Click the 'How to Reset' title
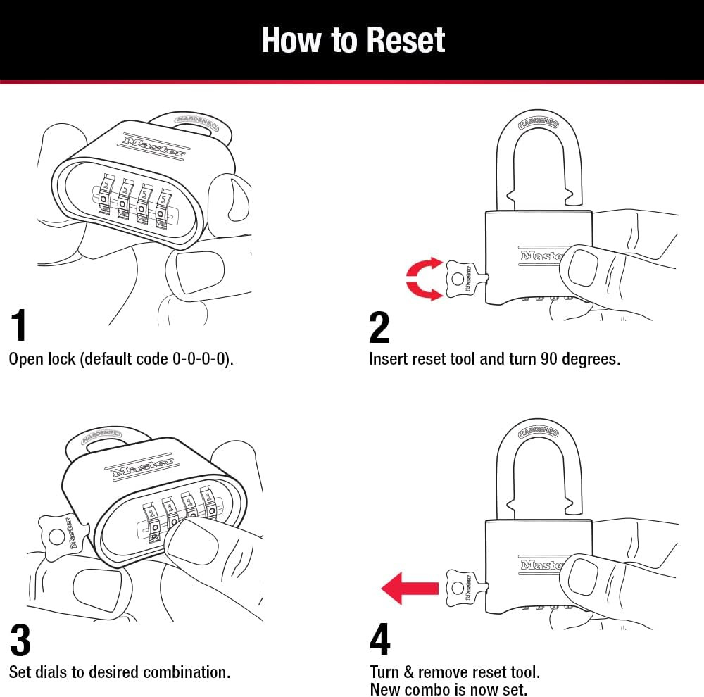click(353, 40)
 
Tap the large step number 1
click(20, 326)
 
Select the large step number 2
click(379, 327)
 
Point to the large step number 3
click(20, 641)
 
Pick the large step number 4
click(379, 640)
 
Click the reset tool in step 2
click(462, 279)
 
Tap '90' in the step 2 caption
click(550, 358)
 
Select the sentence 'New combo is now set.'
click(448, 689)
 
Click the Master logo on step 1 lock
click(154, 145)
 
